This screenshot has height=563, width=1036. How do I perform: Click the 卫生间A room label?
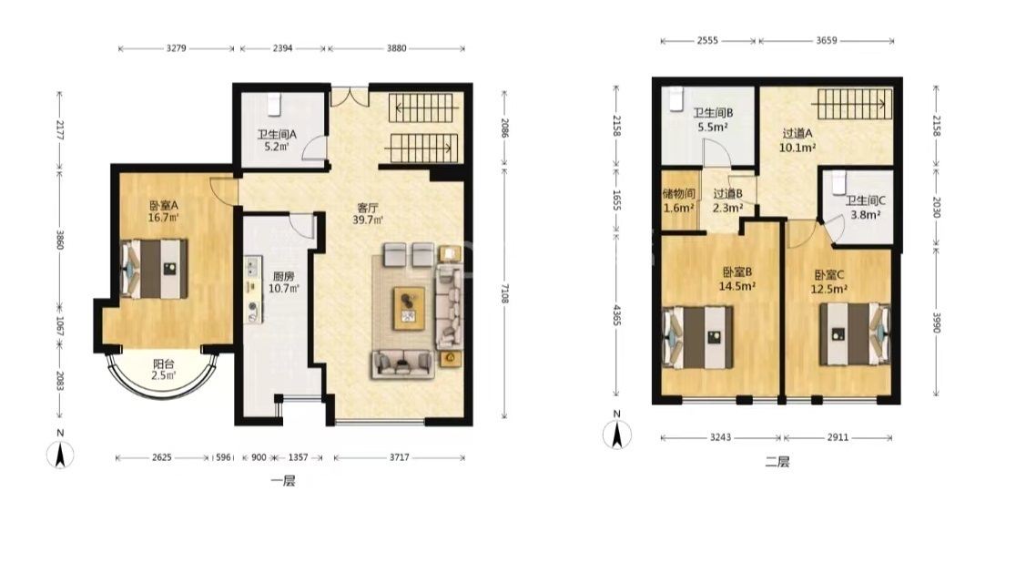pos(277,134)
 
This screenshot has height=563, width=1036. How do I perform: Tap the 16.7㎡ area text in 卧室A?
pos(164,218)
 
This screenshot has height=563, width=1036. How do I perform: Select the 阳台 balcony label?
pos(164,363)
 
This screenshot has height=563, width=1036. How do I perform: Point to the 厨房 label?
pos(283,276)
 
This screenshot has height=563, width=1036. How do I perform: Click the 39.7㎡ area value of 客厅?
pos(368,220)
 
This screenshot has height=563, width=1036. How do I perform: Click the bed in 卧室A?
pos(154,268)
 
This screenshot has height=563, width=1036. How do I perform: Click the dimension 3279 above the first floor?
pos(176,48)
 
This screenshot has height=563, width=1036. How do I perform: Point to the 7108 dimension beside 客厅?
pos(504,292)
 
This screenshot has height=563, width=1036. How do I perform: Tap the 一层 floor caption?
pos(283,480)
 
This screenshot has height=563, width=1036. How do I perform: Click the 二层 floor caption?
pos(777,461)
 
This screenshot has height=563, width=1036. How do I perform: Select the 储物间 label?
pos(678,194)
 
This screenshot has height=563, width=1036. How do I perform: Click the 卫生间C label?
pos(865,200)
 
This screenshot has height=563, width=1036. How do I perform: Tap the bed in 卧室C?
pos(855,333)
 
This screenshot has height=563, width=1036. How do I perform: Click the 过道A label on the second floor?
pos(797,134)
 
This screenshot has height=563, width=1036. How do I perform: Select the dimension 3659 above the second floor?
pos(826,40)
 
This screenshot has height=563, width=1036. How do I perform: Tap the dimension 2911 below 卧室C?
pos(838,437)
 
